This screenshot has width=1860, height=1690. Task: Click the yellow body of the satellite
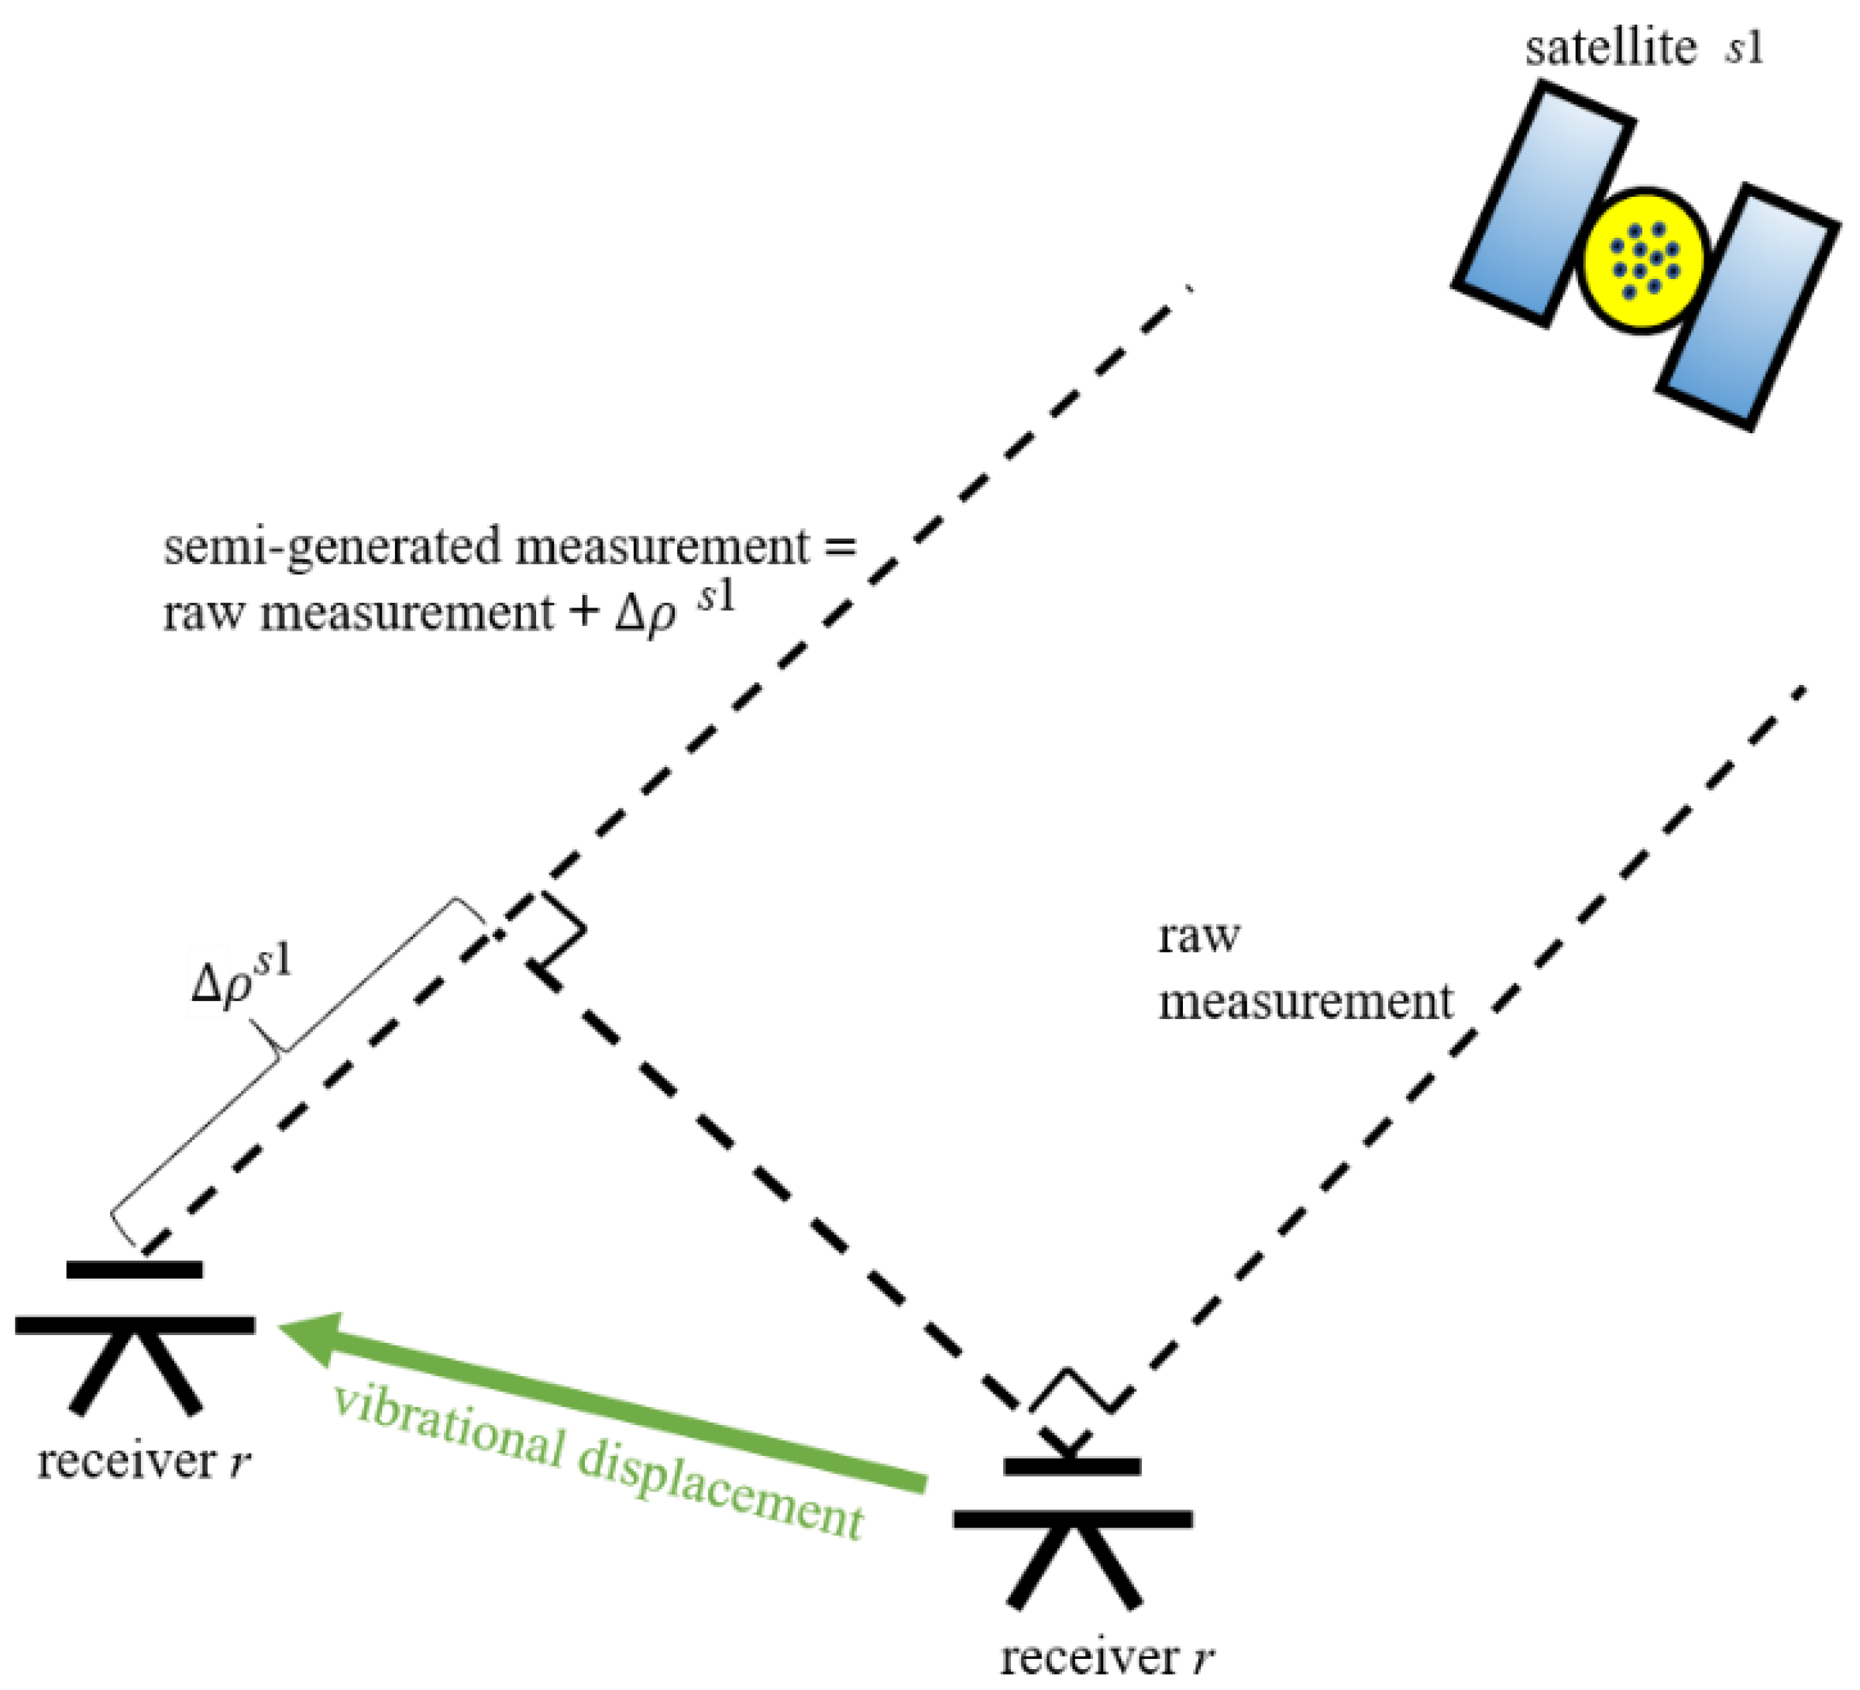pos(1643,261)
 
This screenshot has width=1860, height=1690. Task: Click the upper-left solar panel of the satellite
pos(1542,204)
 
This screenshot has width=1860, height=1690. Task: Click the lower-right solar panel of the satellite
pos(1747,308)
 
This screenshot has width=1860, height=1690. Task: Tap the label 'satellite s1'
pos(1642,48)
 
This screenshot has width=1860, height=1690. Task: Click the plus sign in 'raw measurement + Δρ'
pos(583,614)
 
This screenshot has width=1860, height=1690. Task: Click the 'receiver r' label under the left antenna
pos(143,1461)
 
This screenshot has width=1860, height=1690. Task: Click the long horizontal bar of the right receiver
pos(1073,1518)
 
